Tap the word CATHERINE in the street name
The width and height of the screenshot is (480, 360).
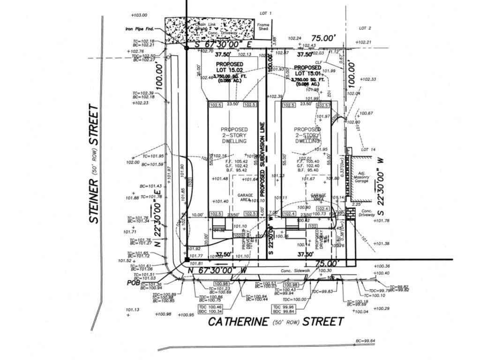point(238,322)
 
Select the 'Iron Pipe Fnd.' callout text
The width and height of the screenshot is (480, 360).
point(140,29)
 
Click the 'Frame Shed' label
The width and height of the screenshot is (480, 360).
point(263,27)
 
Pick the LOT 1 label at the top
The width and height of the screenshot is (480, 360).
point(266,14)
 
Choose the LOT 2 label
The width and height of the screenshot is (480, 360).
point(365,28)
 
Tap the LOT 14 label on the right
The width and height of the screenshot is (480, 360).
point(369,150)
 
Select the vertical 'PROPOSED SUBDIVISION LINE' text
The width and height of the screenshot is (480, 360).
point(263,159)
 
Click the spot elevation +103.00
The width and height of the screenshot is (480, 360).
point(139,15)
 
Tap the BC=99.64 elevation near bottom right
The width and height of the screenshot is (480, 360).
point(365,341)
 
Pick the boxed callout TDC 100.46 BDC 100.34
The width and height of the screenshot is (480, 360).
point(210,309)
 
